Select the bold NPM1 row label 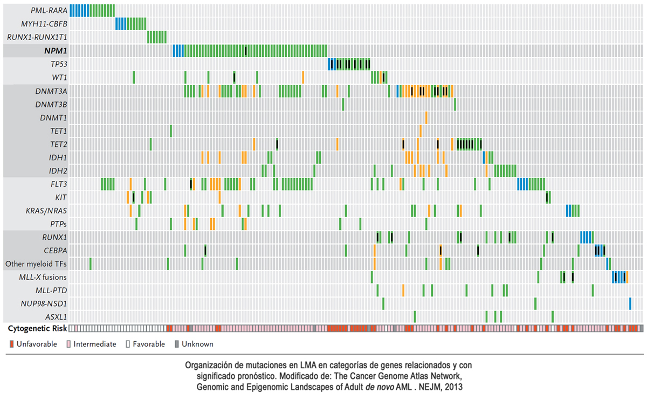tap(56, 51)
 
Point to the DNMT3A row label tap(52, 91)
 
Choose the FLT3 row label tap(57, 184)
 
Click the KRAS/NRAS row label tap(47, 211)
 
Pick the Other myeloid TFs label tap(36, 264)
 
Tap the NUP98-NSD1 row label tap(44, 303)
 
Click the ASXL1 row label tap(56, 317)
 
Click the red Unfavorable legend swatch tap(11, 344)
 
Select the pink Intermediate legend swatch tap(68, 344)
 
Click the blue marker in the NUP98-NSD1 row tap(630, 303)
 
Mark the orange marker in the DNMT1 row tap(426, 117)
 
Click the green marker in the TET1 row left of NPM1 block tap(170, 131)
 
